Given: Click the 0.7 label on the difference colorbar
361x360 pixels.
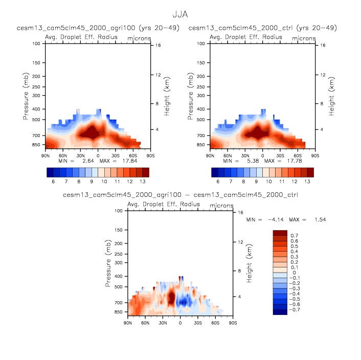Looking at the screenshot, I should pos(294,235).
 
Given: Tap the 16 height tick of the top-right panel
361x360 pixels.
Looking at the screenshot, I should pos(323,46).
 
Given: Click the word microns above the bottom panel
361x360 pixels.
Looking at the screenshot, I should pos(221,205).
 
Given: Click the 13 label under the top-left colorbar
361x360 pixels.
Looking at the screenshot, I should pos(142,182).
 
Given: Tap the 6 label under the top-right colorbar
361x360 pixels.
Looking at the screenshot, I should pos(218,182).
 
